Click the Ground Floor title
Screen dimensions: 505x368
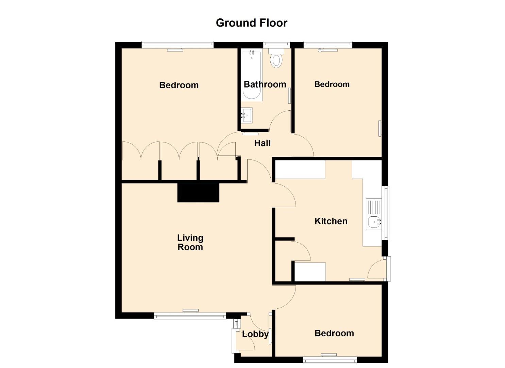252,23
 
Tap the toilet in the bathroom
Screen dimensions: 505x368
276,58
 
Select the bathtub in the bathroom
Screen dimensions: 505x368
252,75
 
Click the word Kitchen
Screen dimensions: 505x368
331,221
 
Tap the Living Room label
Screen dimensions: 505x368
190,242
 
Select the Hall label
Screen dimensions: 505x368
263,143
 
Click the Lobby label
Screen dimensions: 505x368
255,334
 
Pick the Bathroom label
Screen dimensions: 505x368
265,85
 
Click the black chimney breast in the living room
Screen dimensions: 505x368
198,193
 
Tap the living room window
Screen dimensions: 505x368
190,316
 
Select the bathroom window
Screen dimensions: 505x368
276,45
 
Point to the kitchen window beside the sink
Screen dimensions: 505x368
387,213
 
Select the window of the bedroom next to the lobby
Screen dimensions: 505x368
330,360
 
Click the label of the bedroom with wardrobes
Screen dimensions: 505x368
179,85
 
